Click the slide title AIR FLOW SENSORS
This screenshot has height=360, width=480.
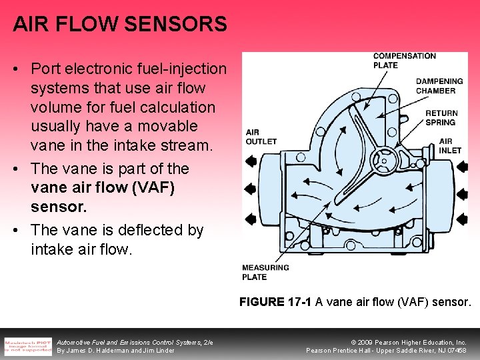pos(120,25)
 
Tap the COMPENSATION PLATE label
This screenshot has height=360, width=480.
pos(404,61)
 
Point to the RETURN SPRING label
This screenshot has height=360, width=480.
pos(441,117)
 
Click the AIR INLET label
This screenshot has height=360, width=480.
pos(450,146)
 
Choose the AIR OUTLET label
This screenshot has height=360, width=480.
pos(261,137)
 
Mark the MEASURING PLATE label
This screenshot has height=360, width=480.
pos(265,272)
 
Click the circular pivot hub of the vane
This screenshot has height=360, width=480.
pos(383,160)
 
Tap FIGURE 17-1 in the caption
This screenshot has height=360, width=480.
pos(275,302)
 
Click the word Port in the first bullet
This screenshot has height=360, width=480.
pos(45,69)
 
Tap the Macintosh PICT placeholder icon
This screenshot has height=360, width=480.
pos(27,346)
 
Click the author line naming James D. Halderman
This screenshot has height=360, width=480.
pos(115,351)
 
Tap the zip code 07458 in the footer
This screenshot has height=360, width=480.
pos(456,351)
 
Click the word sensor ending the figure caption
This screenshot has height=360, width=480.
pos(451,302)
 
